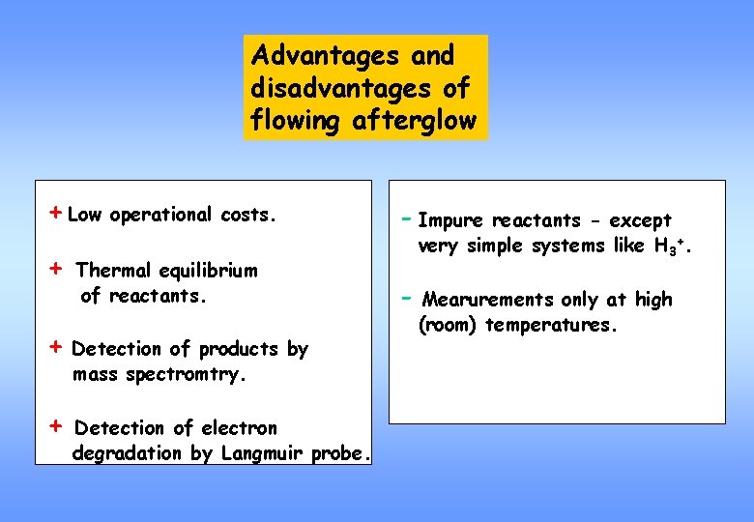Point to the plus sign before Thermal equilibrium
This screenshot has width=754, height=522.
tap(57, 268)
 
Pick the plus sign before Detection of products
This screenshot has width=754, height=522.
tap(57, 346)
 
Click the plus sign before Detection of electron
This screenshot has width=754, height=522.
tap(57, 425)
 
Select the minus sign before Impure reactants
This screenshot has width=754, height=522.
tap(405, 218)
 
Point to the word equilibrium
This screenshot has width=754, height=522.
tap(209, 270)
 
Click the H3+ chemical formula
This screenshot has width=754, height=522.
tap(677, 246)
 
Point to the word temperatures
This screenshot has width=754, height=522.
tap(549, 325)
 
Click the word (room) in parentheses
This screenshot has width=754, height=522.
tap(447, 325)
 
